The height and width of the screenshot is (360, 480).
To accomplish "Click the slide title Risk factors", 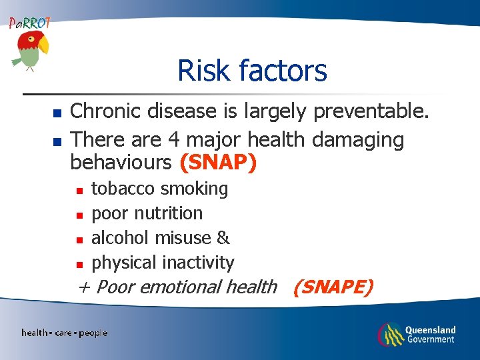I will click(x=252, y=70).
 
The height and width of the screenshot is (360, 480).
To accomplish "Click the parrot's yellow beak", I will click(x=43, y=45).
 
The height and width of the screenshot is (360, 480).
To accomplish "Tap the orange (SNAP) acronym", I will click(x=218, y=163).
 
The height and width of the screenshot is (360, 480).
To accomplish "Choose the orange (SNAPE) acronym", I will click(x=333, y=287).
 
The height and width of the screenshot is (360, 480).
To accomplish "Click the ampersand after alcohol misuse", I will click(x=223, y=238).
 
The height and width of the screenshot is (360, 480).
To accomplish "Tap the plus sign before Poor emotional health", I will click(x=84, y=287).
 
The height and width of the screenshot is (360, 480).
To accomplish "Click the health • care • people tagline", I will click(x=64, y=333).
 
